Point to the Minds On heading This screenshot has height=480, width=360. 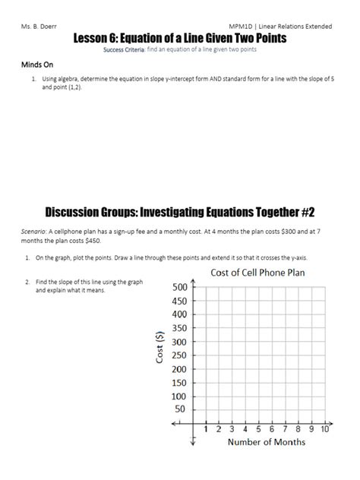[36, 65]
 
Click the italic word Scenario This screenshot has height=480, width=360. [36, 228]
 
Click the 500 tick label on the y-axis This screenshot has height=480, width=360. [179, 287]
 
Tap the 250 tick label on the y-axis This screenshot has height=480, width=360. [179, 355]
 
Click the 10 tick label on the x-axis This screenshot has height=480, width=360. [324, 429]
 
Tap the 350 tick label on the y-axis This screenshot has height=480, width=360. [179, 328]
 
